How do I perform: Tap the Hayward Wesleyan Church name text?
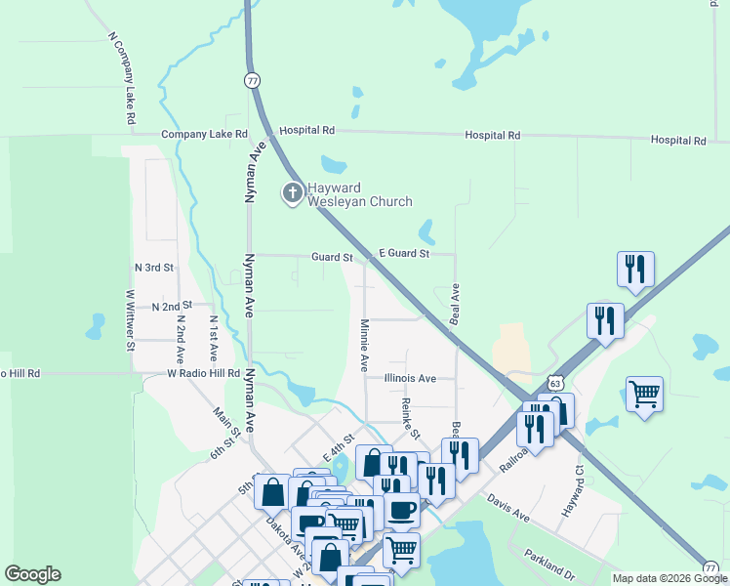pos(359,194)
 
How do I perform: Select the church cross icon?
pos(292,193)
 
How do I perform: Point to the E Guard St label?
pos(404,254)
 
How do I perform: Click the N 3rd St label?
pos(153,267)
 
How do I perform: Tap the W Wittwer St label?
pos(130,318)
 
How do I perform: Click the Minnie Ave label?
pos(364,345)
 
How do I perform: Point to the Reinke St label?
pos(411,418)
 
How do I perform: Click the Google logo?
pos(32,574)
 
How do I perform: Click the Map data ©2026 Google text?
pos(669,578)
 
